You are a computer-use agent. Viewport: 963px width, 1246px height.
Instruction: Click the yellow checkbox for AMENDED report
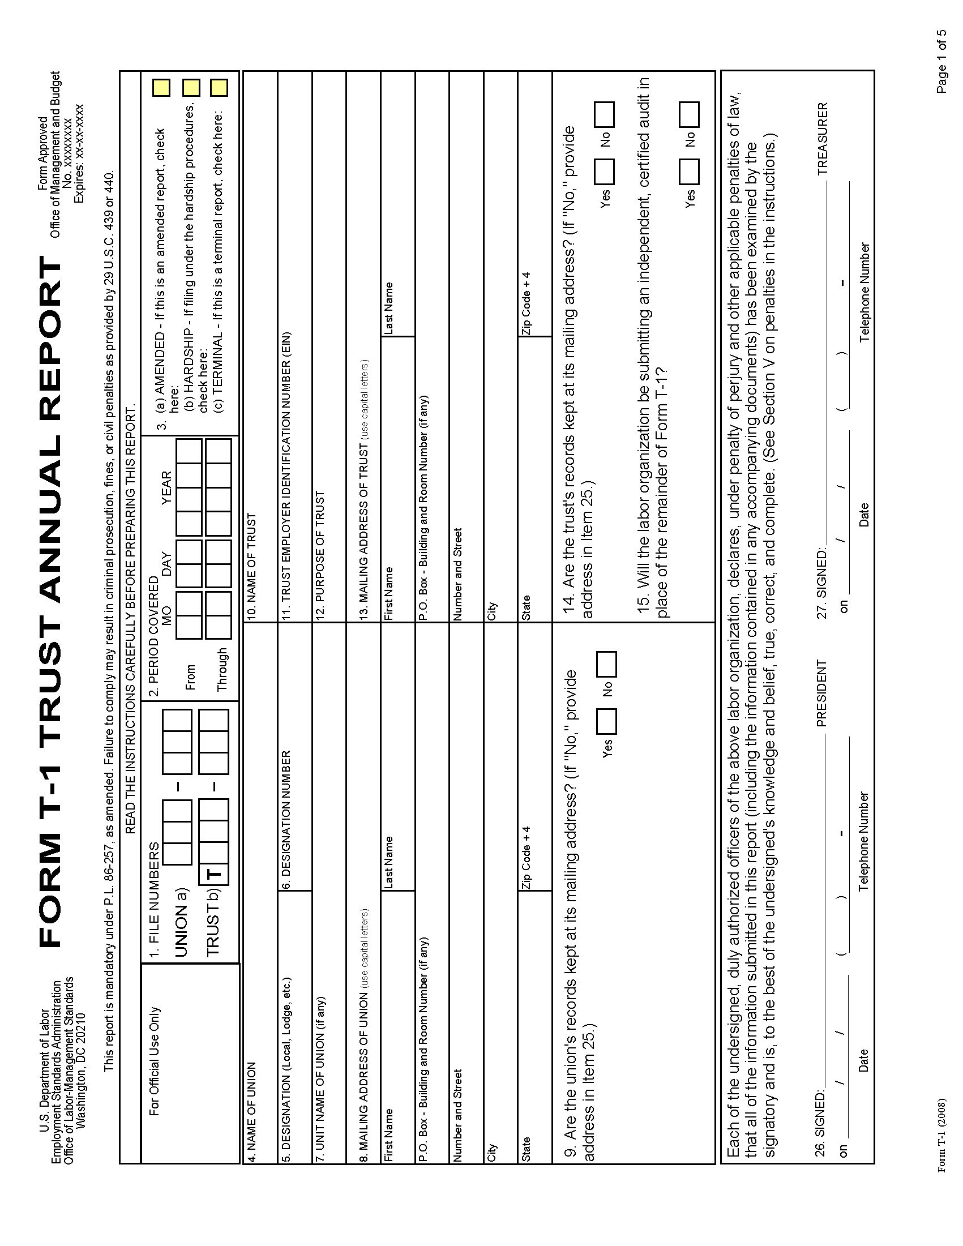coord(161,88)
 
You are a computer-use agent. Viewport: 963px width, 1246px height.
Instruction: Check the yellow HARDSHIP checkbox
coord(191,88)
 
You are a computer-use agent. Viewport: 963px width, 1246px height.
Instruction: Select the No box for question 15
coord(689,114)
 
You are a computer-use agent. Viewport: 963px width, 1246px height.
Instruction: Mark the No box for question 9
coord(606,663)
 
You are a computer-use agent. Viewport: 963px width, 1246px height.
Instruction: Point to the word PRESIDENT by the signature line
coord(821,692)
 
